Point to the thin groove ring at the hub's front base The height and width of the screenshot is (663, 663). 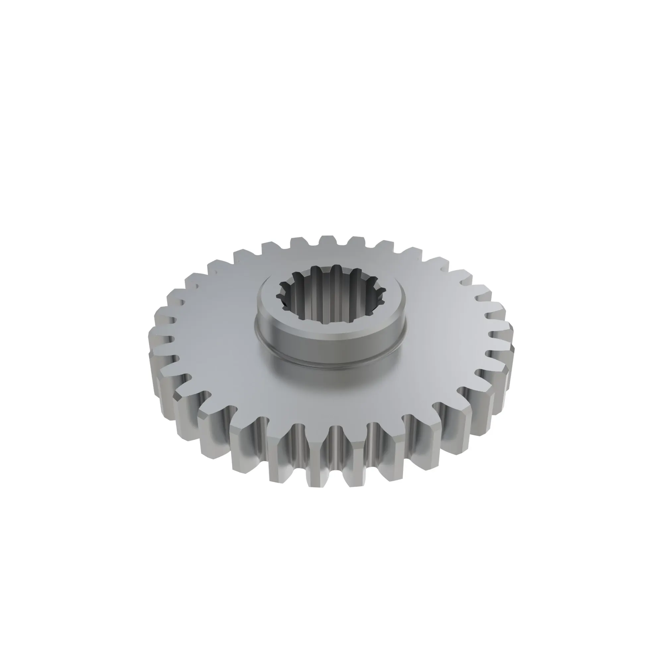pos(331,364)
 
